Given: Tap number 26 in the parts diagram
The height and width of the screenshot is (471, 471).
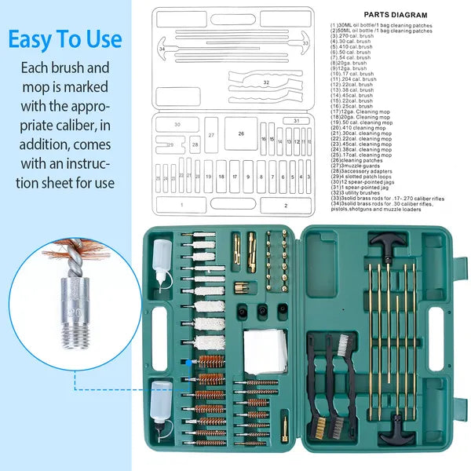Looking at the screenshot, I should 241,133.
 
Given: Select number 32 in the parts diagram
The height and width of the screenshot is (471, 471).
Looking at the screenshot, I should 266,82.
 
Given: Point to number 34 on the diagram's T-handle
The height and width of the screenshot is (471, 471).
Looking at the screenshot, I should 162,49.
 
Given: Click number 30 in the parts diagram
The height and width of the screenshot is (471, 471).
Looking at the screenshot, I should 176,125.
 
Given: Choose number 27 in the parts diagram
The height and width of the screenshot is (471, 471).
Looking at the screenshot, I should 211,135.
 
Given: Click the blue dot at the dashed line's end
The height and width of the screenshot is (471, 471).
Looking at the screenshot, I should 182,362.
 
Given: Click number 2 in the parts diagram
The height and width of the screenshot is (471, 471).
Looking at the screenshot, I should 285,206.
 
